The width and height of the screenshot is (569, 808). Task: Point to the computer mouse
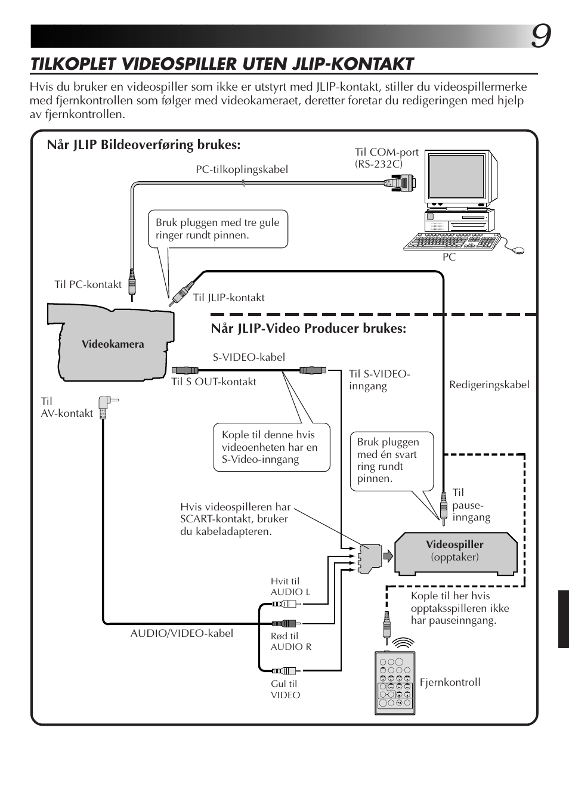click(518, 251)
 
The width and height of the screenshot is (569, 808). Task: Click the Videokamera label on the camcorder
click(113, 344)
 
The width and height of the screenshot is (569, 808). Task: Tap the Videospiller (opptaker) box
click(455, 553)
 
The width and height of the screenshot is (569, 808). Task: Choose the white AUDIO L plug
click(284, 604)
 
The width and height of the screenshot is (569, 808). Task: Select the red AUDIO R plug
click(284, 623)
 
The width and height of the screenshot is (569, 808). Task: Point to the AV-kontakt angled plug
click(106, 407)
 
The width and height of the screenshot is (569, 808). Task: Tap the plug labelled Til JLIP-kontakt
click(179, 293)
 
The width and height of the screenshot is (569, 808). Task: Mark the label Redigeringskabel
click(489, 385)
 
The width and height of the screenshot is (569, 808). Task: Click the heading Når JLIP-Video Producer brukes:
click(308, 329)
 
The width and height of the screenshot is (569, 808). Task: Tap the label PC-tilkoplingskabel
click(242, 169)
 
